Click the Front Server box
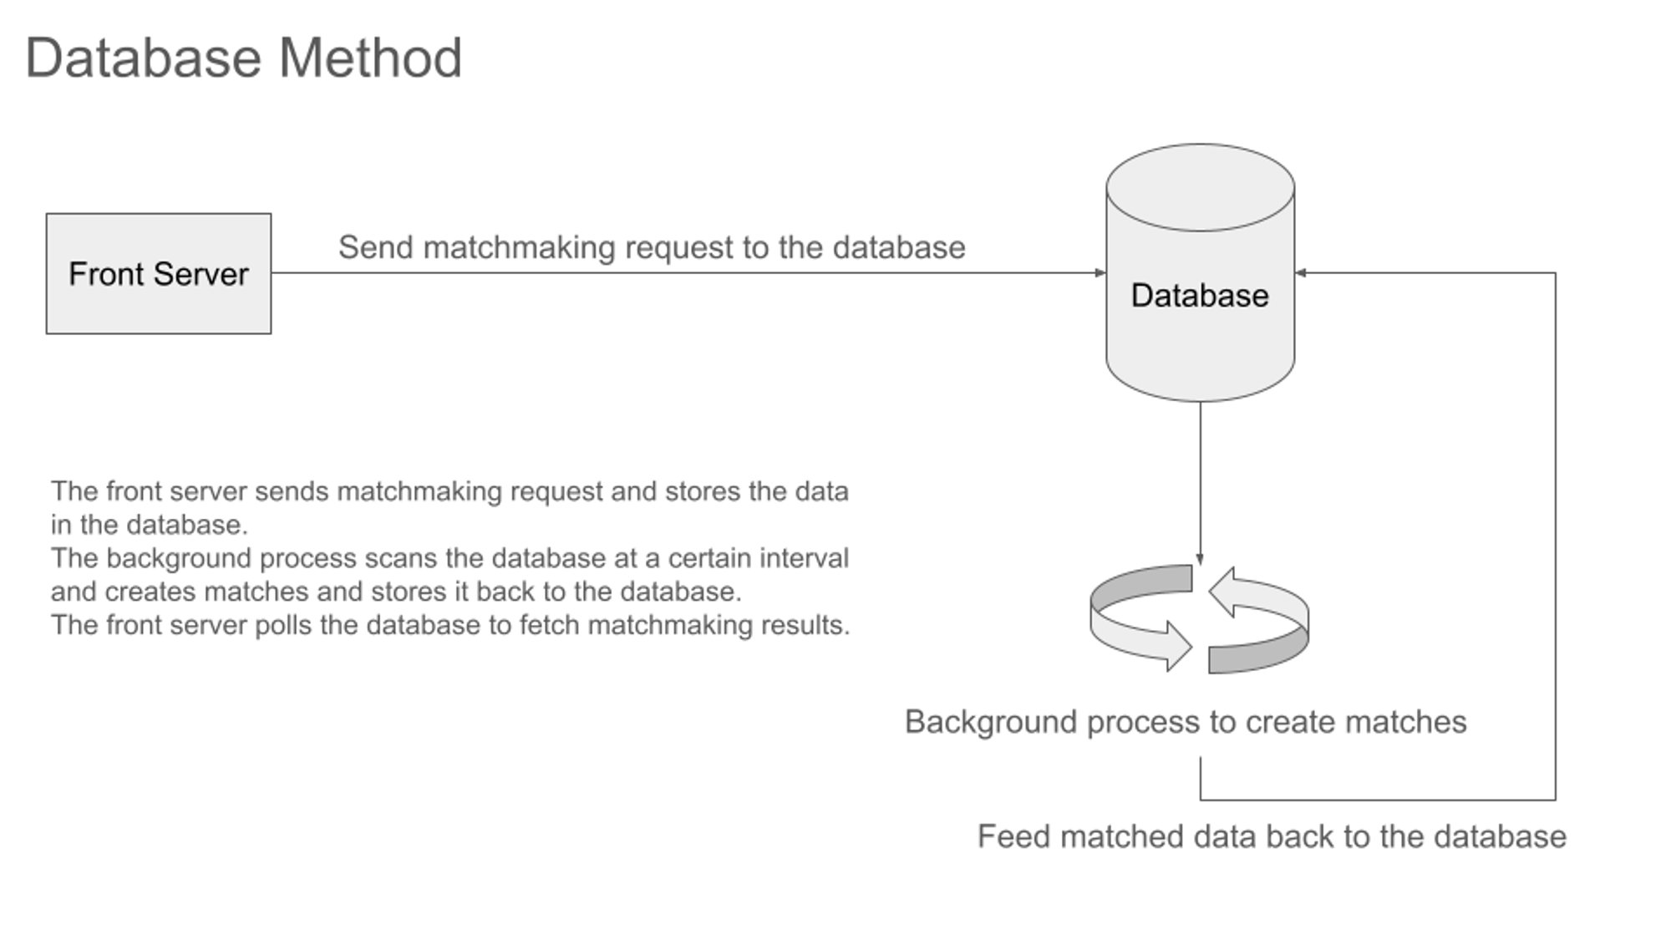tap(159, 273)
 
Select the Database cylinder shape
tap(1200, 272)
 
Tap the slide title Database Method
tap(243, 58)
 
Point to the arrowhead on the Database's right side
tap(1301, 272)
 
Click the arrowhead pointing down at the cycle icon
tap(1200, 559)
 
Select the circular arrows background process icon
tap(1200, 619)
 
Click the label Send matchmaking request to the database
tap(652, 247)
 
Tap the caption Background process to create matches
tap(1186, 722)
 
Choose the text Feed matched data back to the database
tap(1272, 836)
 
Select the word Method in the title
tap(370, 58)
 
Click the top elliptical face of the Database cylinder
tap(1200, 187)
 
